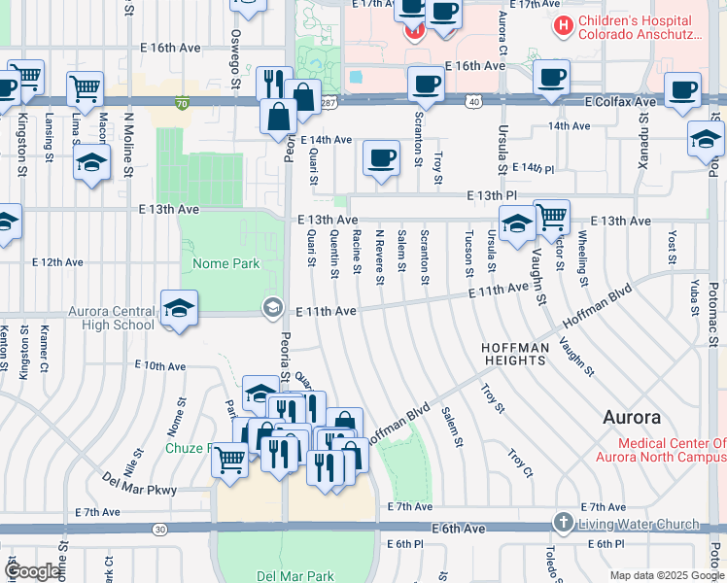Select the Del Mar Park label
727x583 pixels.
[x=294, y=575]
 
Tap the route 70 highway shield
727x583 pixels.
[x=182, y=102]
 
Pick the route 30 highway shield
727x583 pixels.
[x=159, y=529]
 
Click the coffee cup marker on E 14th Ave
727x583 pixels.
[x=381, y=157]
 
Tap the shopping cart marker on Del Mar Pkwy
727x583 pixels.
[x=230, y=459]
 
